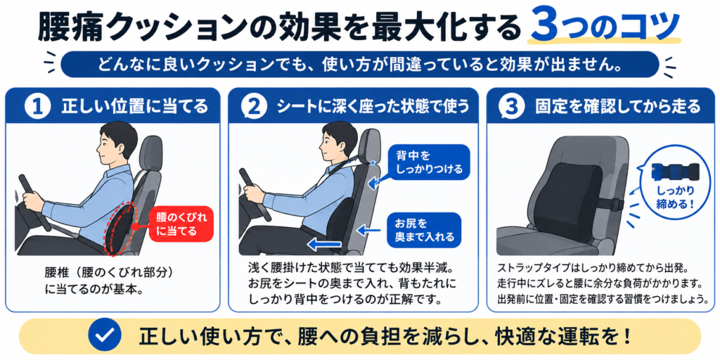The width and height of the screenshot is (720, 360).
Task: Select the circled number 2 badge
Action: tap(255, 107)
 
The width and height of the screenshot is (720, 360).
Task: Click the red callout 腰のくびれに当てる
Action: tap(181, 223)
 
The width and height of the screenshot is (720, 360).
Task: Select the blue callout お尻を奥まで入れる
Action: tap(424, 230)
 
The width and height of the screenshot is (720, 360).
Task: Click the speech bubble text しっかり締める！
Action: tap(674, 198)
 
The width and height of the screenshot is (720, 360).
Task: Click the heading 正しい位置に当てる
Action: tap(134, 107)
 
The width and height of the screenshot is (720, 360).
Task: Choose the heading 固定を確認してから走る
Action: tap(617, 107)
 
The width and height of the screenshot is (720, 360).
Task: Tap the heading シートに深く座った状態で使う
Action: tap(373, 107)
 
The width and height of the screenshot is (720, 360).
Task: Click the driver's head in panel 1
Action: tap(117, 145)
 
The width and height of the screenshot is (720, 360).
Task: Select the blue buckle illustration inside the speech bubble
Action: tap(674, 172)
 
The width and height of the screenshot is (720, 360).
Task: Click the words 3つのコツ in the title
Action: tap(605, 26)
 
